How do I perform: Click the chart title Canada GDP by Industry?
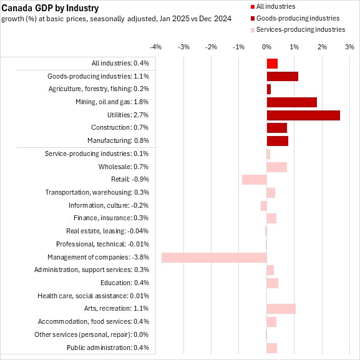(x=50, y=8)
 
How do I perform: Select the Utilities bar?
(x=303, y=115)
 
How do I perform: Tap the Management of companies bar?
(x=214, y=258)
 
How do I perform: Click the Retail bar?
(x=255, y=180)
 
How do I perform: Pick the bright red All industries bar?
(x=272, y=64)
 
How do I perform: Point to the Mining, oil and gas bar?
(x=292, y=102)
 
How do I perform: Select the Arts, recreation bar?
(x=281, y=309)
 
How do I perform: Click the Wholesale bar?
(x=277, y=167)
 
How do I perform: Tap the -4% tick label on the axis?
(x=155, y=47)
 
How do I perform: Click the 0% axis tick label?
(x=267, y=47)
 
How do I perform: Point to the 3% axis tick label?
(x=349, y=47)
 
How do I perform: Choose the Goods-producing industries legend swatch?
(x=253, y=18)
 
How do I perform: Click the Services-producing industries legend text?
(x=301, y=29)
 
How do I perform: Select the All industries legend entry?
(x=273, y=6)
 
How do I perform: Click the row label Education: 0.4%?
(x=125, y=283)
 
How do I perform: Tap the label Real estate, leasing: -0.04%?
(x=107, y=231)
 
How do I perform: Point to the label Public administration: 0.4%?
(x=108, y=348)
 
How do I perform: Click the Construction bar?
(x=277, y=128)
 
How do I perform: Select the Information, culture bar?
(x=264, y=206)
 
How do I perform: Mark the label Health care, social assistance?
(x=82, y=296)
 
